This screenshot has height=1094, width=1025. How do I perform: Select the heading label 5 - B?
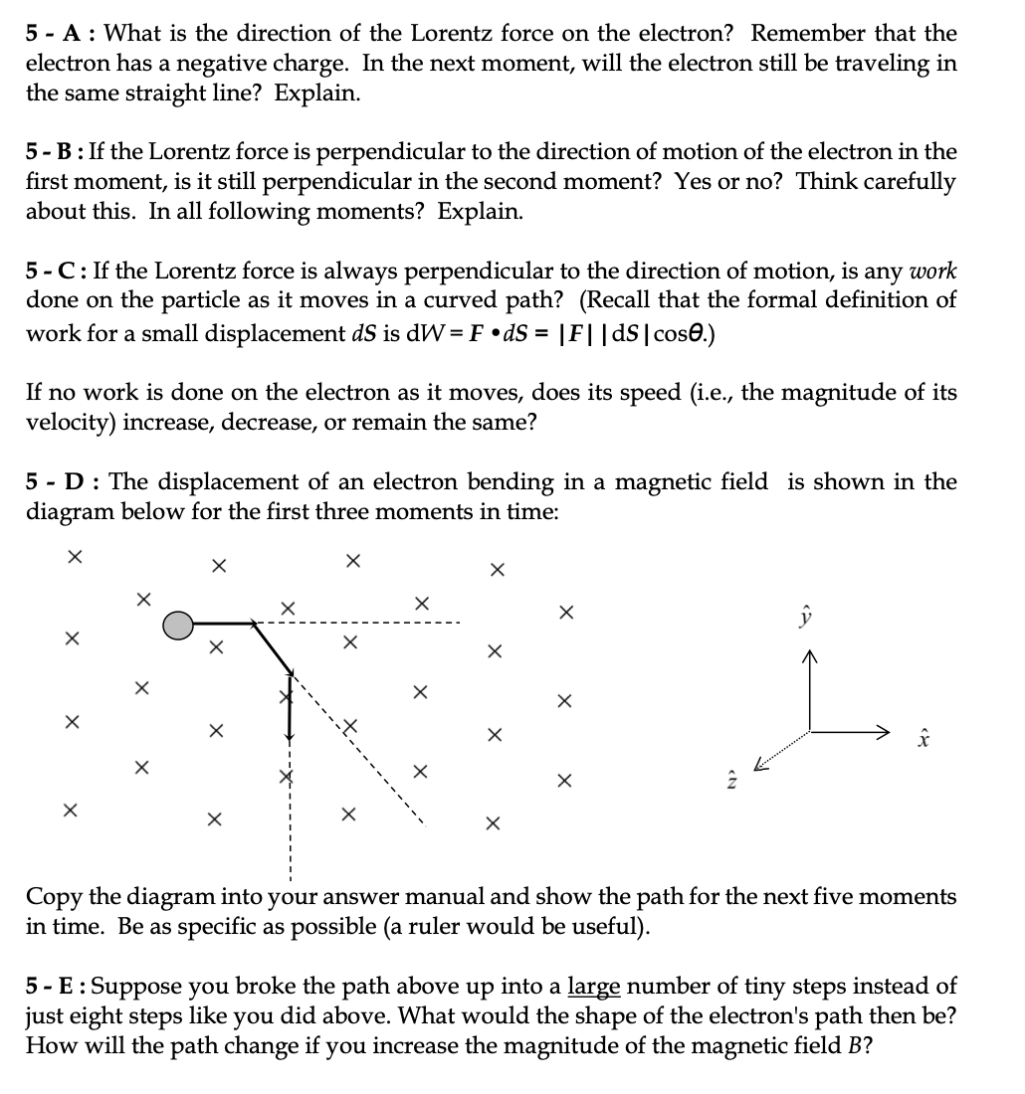click(55, 152)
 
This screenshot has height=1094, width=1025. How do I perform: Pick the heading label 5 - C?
click(55, 272)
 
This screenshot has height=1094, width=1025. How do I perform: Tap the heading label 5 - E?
click(55, 987)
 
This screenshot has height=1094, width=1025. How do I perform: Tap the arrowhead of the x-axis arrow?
click(880, 733)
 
